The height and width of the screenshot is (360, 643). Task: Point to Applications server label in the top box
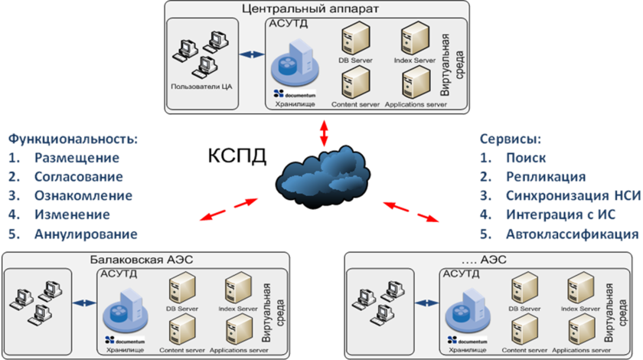click(416, 104)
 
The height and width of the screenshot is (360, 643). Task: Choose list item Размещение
click(77, 159)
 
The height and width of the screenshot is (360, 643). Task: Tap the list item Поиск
click(521, 159)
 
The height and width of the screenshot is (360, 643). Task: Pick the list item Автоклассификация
click(571, 233)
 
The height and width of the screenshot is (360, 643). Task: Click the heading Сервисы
click(511, 139)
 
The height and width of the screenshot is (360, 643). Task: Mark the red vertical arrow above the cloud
click(324, 133)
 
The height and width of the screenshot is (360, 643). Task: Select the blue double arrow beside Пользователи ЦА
click(250, 55)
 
